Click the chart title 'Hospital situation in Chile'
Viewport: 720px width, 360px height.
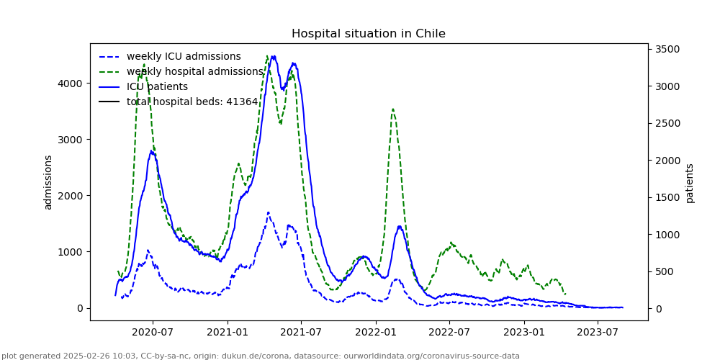tap(368, 34)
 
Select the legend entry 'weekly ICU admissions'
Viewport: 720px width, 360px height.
tap(184, 57)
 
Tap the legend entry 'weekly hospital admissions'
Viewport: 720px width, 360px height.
tap(195, 72)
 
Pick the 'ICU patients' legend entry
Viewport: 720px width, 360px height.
tap(157, 87)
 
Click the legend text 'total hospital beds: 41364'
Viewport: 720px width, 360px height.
tap(192, 102)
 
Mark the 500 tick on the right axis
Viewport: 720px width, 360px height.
tap(666, 271)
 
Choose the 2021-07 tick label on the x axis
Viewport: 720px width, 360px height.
tap(301, 332)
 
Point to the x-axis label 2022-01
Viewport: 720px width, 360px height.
tap(376, 332)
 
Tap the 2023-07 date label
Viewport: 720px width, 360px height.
tap(598, 332)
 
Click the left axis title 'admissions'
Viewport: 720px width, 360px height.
tap(48, 182)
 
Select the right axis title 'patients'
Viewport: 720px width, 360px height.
tap(690, 183)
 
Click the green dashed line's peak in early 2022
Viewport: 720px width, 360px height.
tap(392, 109)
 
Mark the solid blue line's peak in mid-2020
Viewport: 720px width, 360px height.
tap(152, 150)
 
